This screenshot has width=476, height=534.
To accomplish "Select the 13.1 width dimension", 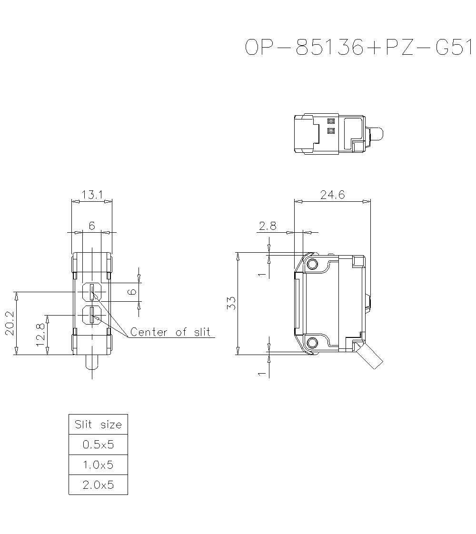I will click(x=92, y=195).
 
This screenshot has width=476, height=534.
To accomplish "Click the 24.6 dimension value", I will click(x=332, y=195).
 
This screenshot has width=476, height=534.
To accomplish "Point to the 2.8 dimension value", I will click(x=268, y=226).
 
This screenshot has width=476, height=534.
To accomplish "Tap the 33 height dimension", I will click(x=231, y=303).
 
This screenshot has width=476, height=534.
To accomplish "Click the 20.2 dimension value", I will click(x=10, y=323).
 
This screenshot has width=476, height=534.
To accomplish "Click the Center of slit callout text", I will click(x=170, y=332).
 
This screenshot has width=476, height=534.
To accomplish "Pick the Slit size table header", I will click(x=98, y=424).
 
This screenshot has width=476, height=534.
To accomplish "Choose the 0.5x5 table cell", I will click(x=98, y=445).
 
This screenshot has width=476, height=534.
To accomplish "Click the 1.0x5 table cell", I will click(x=98, y=465).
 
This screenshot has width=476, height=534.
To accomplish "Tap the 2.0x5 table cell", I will click(x=98, y=485).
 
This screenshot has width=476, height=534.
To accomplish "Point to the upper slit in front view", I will click(x=91, y=292).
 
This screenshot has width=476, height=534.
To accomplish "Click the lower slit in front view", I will click(x=91, y=315).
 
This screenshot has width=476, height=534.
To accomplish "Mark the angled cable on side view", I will click(x=371, y=357).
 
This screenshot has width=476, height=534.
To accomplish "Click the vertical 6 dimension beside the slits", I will click(x=133, y=291).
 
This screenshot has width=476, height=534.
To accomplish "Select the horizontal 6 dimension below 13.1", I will click(x=92, y=226).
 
